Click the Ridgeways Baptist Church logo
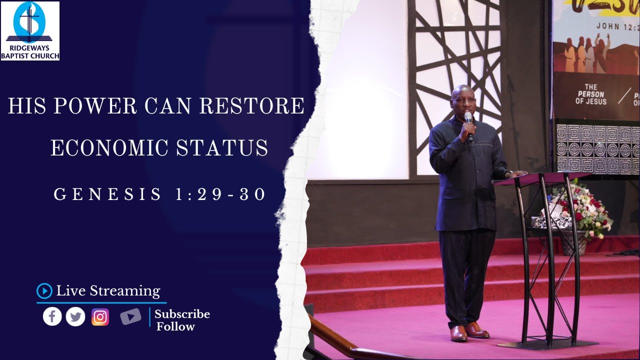[x=30, y=30]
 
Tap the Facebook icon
[x=52, y=316]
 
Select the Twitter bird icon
[x=75, y=316]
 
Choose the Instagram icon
[x=100, y=317]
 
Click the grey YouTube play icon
[x=130, y=316]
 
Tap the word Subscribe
[x=182, y=314]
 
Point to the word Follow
[x=175, y=327]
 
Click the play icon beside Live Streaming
[x=44, y=290]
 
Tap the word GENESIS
[x=108, y=194]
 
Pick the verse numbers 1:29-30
[x=220, y=194]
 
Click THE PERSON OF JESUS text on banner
[x=591, y=95]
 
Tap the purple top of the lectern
[x=534, y=178]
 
